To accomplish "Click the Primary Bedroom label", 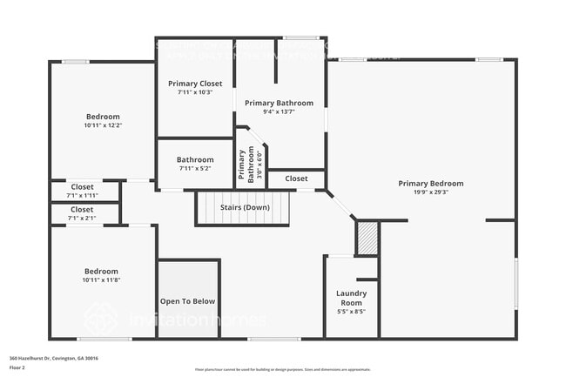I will (x=430, y=184).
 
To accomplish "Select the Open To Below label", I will (x=187, y=301).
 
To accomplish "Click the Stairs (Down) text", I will (x=243, y=207).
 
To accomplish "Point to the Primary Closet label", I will (x=195, y=84).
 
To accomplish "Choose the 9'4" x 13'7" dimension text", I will (x=279, y=111).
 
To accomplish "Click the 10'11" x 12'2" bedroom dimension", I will (x=103, y=125).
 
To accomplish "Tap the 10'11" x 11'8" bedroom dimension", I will (x=101, y=279).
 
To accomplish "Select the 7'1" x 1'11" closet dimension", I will (x=83, y=195).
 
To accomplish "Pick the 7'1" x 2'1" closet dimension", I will (x=83, y=218).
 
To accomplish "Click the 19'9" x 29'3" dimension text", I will (x=430, y=192).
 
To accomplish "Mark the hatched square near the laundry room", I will (x=367, y=239).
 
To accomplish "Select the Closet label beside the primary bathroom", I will (x=296, y=178).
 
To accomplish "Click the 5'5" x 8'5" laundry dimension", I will (x=351, y=311).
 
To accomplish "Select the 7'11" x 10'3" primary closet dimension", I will (x=195, y=92).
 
